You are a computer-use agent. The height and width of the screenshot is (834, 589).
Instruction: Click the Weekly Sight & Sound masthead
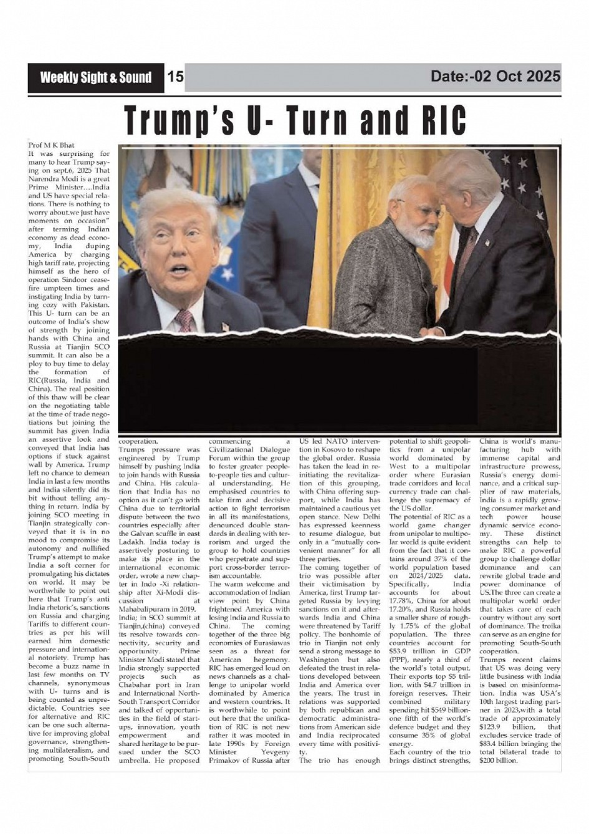pyautogui.click(x=95, y=77)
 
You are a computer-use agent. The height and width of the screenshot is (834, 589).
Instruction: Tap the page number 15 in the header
pyautogui.click(x=176, y=77)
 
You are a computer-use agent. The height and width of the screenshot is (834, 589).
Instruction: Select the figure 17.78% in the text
pyautogui.click(x=401, y=600)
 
